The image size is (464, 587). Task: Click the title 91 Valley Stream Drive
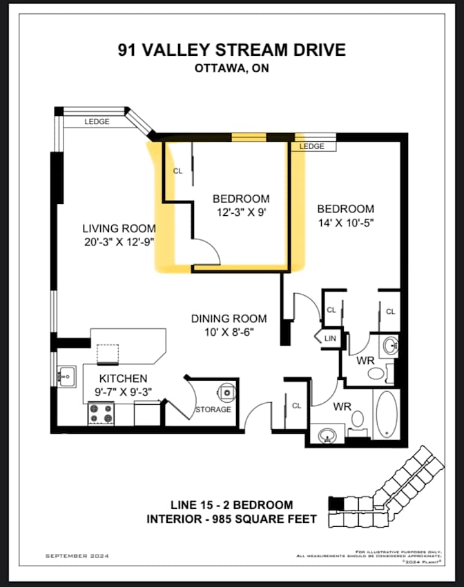click(231, 50)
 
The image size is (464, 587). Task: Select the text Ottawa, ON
click(231, 68)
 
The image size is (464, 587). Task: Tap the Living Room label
click(119, 228)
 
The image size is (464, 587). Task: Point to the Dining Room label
click(229, 319)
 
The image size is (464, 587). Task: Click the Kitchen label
click(123, 379)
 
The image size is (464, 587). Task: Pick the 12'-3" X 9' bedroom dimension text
click(240, 212)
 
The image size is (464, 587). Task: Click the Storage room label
click(213, 410)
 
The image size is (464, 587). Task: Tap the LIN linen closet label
click(330, 338)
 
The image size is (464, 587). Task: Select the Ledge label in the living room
click(97, 122)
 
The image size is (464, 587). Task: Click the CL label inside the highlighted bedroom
click(177, 170)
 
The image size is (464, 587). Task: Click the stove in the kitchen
click(101, 413)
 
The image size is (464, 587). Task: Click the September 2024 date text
click(77, 555)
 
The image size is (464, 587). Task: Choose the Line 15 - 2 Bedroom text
click(231, 505)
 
